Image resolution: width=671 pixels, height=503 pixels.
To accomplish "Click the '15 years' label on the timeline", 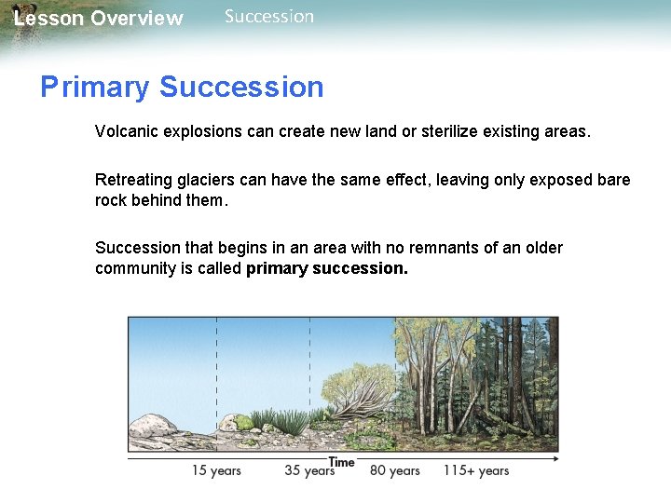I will click(216, 470).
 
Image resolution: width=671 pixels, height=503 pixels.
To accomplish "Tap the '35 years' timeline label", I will click(309, 470).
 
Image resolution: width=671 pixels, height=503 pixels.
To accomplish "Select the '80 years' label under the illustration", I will click(394, 470).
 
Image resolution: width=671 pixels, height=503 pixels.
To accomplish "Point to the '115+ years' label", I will click(475, 470).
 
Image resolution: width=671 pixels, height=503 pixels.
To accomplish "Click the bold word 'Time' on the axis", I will click(342, 462).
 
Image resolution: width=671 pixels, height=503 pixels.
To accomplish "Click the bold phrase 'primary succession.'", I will click(327, 268).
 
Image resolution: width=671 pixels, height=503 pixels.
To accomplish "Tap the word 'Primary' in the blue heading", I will click(95, 88).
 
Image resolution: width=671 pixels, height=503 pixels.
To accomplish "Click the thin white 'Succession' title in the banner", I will click(269, 17).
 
